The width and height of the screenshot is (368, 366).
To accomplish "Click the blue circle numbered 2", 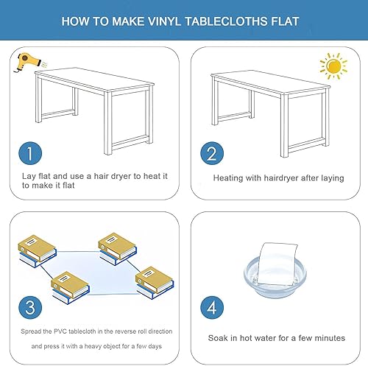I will point(212,154).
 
